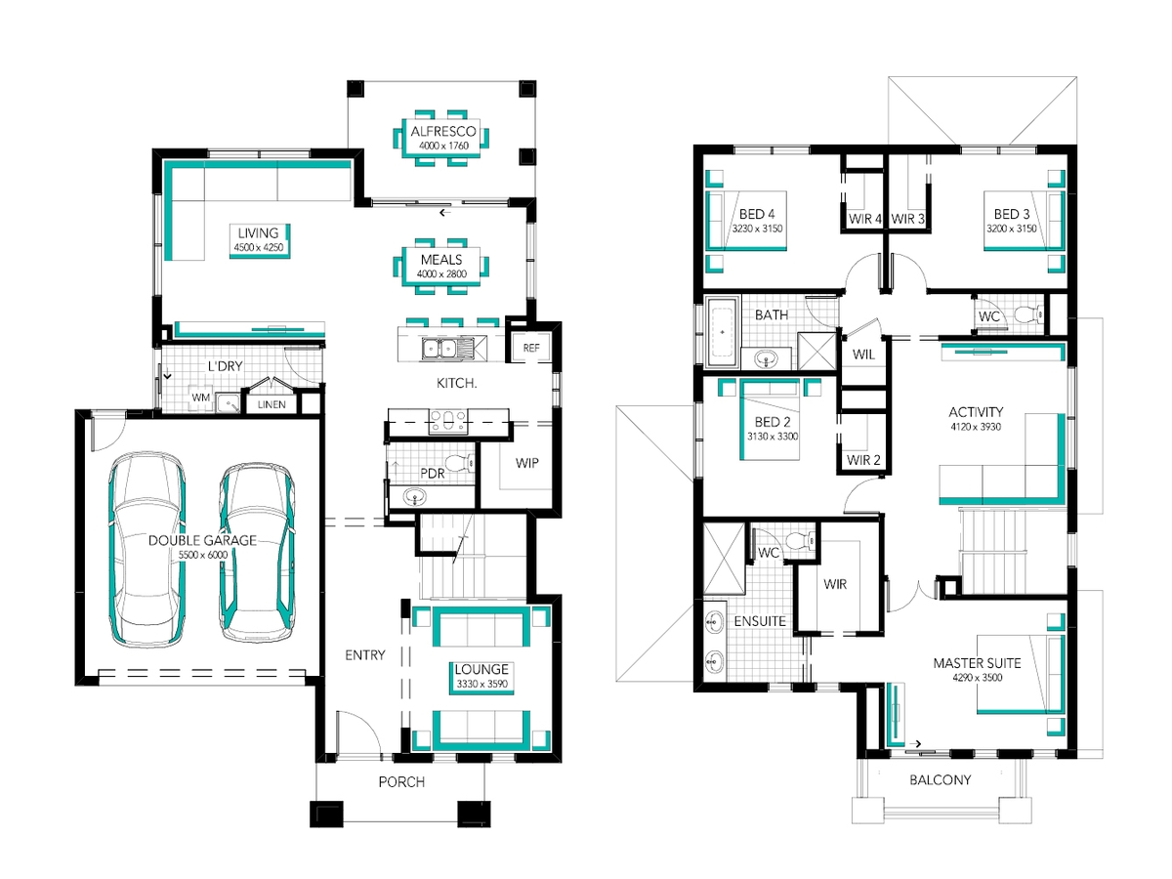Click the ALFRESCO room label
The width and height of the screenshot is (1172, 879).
coord(442,131)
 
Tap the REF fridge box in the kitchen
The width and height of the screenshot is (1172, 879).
coord(530,348)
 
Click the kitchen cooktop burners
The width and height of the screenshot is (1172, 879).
coord(448,420)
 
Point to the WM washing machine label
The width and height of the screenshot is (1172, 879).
coord(201,398)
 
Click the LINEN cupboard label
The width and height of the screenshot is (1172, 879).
coord(272,404)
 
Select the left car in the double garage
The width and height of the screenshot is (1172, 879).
coord(147,549)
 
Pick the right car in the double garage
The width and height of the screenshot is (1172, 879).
coord(258,552)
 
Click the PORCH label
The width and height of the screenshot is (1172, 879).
coord(401,782)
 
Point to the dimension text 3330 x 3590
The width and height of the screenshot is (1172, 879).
coord(481,684)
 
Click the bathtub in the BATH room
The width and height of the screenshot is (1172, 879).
coord(722,332)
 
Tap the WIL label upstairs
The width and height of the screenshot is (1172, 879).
coord(863,355)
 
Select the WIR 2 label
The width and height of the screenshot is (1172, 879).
coord(863,459)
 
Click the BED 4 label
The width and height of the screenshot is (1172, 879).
coord(757,214)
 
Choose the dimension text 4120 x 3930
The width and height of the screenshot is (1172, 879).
coord(976,427)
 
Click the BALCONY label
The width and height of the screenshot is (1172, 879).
coord(940,779)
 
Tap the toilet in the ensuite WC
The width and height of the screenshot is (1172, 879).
coord(801,541)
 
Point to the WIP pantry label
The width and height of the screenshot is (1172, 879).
coord(527,463)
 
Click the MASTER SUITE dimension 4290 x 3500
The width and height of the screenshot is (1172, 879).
coord(977,678)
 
